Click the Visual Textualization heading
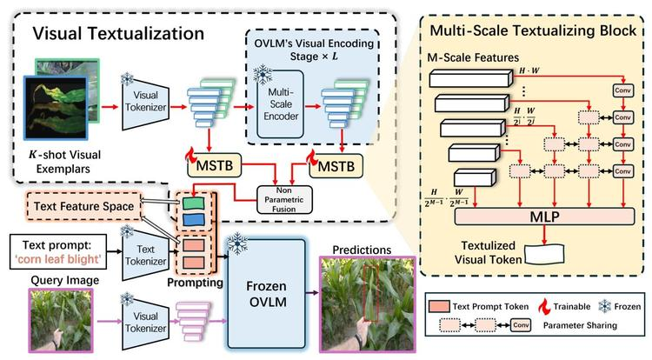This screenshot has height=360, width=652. (x=118, y=33)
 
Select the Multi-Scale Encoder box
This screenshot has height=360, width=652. (x=280, y=104)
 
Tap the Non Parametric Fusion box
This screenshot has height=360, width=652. (x=284, y=199)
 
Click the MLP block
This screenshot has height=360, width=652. (x=544, y=217)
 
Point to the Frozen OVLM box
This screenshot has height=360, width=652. (x=266, y=294)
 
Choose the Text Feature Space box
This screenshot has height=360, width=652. (x=83, y=206)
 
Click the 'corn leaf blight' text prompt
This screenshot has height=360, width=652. (x=57, y=259)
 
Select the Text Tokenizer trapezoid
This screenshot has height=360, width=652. (x=145, y=255)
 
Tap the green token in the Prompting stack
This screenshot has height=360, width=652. (x=194, y=203)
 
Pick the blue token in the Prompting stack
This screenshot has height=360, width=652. (x=194, y=219)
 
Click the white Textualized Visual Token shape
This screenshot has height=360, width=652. (x=544, y=254)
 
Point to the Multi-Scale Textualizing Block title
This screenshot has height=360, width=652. (x=533, y=30)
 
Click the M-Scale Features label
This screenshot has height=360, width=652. (x=473, y=57)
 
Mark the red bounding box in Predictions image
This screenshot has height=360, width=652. (x=370, y=294)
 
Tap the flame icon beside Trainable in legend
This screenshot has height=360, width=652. (x=544, y=307)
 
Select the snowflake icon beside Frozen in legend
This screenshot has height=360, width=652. (x=604, y=306)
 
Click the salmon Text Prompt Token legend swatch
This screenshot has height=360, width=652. (x=439, y=307)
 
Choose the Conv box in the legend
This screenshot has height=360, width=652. (x=521, y=325)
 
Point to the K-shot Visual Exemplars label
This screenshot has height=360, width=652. (x=64, y=162)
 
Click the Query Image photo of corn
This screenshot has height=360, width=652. (x=61, y=320)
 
